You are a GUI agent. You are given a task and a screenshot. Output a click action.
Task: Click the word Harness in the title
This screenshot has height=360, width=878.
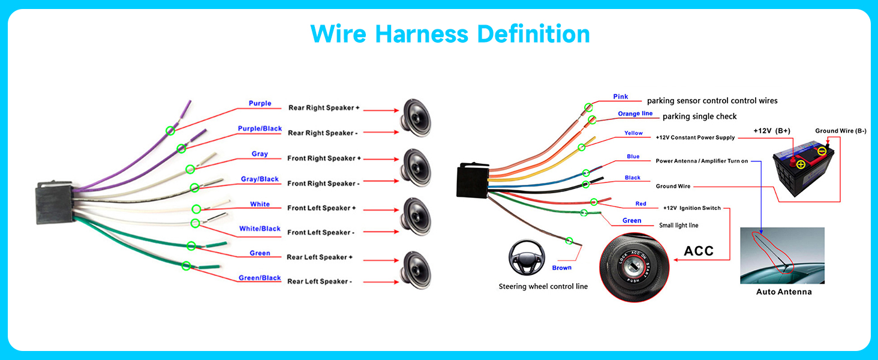point(422,34)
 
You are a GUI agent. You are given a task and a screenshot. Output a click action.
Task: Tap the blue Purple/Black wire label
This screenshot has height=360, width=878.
point(260,128)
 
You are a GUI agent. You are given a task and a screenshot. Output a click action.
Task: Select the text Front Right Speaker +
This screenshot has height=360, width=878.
point(324,158)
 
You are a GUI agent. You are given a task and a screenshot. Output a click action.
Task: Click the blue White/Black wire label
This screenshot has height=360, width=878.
point(260,229)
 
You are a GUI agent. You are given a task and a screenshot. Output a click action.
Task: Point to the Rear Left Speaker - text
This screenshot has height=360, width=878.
point(320,281)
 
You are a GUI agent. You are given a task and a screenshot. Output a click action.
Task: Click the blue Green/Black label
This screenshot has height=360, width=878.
point(260,278)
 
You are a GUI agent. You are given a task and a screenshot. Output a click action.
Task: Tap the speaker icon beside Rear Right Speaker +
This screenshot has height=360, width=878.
point(416,117)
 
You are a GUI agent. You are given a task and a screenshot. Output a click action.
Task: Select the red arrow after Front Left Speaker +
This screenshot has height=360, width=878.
point(381,210)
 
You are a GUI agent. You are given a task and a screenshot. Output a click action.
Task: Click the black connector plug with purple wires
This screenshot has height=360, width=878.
point(55,202)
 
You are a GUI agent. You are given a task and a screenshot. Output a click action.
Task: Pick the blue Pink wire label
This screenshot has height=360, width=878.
point(621,97)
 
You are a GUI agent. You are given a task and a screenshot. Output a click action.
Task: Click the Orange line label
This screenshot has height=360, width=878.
point(635,114)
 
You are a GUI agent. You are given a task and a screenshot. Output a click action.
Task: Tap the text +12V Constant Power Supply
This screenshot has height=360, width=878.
point(695,137)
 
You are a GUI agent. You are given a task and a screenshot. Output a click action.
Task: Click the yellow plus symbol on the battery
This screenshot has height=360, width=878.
point(801,165)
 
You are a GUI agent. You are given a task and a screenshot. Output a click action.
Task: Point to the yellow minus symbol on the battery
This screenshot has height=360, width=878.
point(822,151)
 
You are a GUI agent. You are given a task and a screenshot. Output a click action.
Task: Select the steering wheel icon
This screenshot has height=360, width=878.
point(527,257)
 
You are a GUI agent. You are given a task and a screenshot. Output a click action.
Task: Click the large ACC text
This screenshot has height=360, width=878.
point(699,251)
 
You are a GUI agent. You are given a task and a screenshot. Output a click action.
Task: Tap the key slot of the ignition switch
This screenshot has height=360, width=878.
point(633,268)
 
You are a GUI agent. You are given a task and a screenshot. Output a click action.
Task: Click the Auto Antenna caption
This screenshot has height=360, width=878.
point(783,292)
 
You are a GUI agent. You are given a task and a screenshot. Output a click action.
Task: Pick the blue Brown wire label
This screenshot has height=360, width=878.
point(562,268)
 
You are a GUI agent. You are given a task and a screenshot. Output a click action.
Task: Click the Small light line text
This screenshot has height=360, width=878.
point(678,226)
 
